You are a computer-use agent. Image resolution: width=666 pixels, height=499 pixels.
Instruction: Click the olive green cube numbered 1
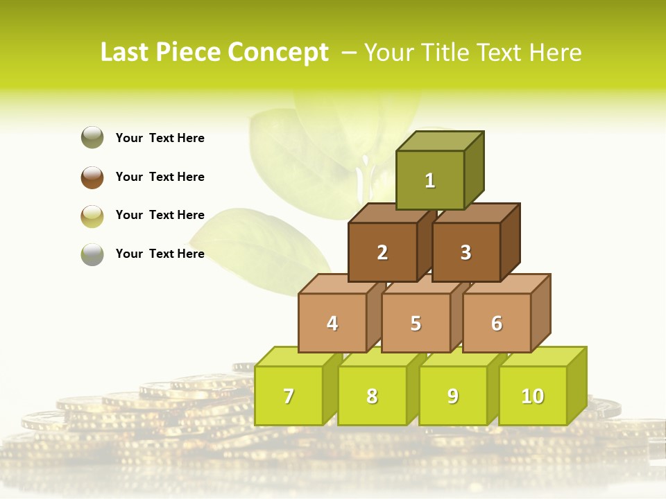pos(430,180)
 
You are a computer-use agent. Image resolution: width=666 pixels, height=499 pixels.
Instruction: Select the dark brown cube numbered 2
pos(382,252)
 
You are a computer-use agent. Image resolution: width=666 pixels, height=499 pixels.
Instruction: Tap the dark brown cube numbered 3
pos(466,252)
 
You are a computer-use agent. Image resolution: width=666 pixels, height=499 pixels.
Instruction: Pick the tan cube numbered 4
pos(332,323)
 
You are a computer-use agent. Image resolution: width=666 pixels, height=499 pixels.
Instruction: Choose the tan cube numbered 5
pos(416,323)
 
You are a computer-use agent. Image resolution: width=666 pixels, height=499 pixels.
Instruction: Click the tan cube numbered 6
pos(497,323)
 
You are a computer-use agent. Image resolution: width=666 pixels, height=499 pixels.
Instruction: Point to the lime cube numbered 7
pos(289,396)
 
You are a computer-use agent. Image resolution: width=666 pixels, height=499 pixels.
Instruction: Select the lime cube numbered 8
pos(372,396)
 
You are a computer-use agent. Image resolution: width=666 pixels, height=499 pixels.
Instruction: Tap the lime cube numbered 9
pos(453,396)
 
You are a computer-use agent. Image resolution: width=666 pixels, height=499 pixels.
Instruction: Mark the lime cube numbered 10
pos(533,396)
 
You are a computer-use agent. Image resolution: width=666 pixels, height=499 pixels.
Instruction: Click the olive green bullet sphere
pos(92,138)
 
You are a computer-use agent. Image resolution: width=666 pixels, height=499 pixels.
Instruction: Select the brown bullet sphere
pos(92,177)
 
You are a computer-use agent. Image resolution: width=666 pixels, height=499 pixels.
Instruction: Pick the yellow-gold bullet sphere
pos(92,216)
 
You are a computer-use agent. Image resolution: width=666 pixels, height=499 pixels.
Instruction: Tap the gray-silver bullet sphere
pos(92,254)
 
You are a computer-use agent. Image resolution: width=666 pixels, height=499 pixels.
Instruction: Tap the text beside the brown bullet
pos(160,177)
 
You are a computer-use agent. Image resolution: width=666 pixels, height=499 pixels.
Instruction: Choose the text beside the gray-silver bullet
pos(160,254)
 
